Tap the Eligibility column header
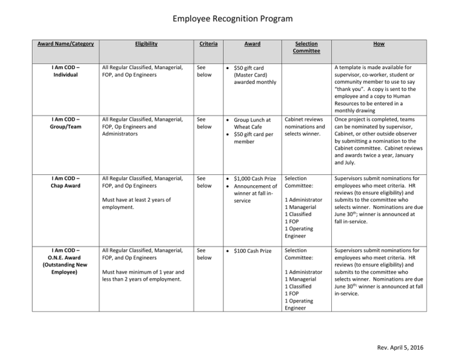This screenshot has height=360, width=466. (146, 44)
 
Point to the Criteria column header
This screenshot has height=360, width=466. (209, 44)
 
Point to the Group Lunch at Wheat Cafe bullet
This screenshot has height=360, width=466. (253, 124)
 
